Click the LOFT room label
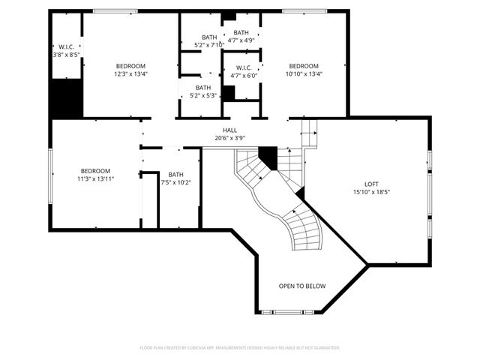372,184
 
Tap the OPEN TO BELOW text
302,286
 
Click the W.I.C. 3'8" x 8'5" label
66,50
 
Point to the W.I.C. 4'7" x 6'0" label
241,71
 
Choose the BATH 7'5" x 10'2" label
175,178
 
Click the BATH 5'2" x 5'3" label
204,91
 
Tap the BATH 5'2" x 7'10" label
209,40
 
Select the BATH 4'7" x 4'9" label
241,36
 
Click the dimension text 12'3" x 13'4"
130,73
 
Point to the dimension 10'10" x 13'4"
304,73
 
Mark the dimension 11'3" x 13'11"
96,178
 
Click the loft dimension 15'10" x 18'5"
372,192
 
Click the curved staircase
289,210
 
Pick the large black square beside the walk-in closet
65,97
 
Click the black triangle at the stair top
267,156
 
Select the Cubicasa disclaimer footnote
240,348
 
